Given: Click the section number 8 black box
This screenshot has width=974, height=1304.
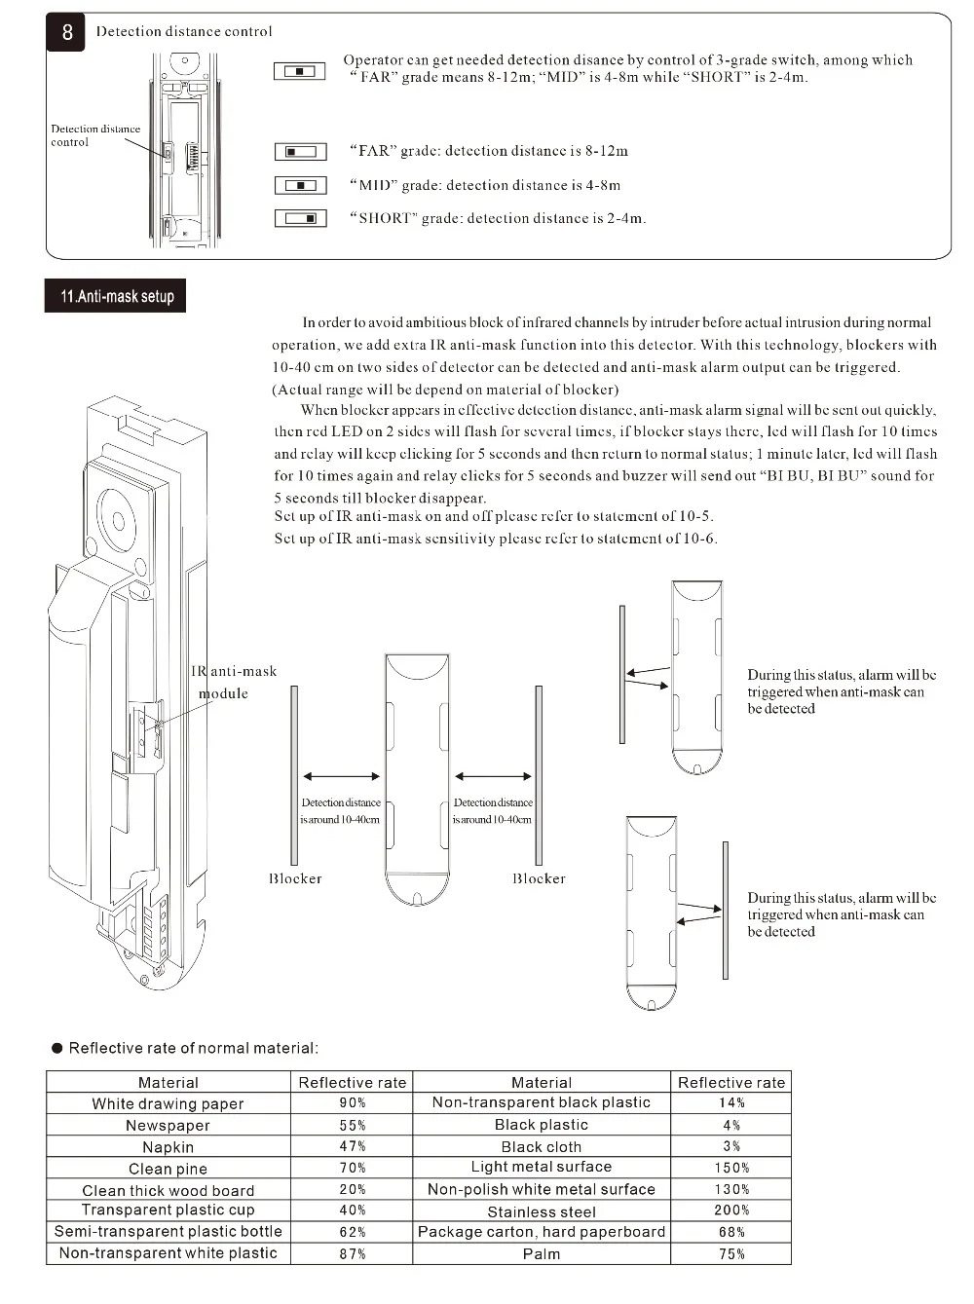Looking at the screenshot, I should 66,32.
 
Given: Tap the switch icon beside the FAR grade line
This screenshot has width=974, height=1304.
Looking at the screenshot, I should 300,151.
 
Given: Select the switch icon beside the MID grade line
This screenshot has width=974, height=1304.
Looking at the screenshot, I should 300,185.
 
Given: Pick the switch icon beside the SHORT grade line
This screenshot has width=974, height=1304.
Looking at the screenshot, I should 300,218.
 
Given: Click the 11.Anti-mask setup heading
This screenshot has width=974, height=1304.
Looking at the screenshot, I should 116,296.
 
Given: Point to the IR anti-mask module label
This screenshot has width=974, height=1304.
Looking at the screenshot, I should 234,682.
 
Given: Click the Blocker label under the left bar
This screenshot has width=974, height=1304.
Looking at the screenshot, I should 295,878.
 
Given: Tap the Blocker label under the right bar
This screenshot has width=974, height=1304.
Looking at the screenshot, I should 539,878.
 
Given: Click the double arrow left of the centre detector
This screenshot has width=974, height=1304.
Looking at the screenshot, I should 341,776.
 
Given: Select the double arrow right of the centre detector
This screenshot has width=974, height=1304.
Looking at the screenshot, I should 493,776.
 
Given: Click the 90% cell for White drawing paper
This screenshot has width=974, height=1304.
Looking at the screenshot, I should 353,1103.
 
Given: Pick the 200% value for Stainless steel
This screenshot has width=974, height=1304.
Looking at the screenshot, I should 731,1211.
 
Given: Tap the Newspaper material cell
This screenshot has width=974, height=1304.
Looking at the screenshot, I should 168,1125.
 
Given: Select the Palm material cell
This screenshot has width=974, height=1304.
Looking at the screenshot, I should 542,1253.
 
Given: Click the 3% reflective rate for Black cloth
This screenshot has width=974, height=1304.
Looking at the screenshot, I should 731,1146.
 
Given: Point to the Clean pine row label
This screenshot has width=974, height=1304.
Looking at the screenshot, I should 168,1168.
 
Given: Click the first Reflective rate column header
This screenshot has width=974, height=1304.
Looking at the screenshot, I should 353,1082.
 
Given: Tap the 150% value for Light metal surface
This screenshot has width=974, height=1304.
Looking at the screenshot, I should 731,1168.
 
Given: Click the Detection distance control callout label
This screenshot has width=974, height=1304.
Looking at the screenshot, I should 95,135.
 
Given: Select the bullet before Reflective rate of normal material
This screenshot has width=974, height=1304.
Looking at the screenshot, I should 57,1048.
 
